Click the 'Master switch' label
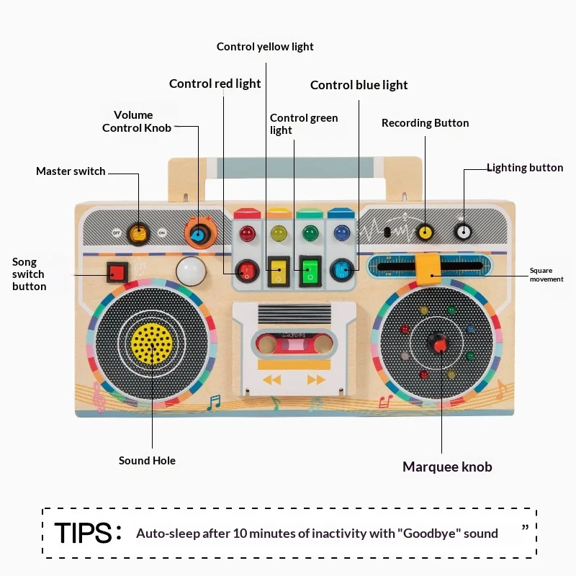pos(71,171)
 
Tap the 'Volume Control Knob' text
pos(136,121)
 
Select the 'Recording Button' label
pos(425,123)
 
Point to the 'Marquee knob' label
pos(447,467)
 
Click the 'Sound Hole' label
pos(147,461)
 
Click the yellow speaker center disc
pos(152,343)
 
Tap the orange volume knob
pos(197,233)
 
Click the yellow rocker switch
pos(277,270)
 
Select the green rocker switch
pos(310,270)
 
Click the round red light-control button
pos(246,270)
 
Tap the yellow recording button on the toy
pos(425,232)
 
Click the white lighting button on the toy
pos(463,232)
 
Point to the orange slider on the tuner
pos(430,266)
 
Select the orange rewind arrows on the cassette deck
pos(271,379)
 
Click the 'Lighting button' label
pos(525,168)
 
